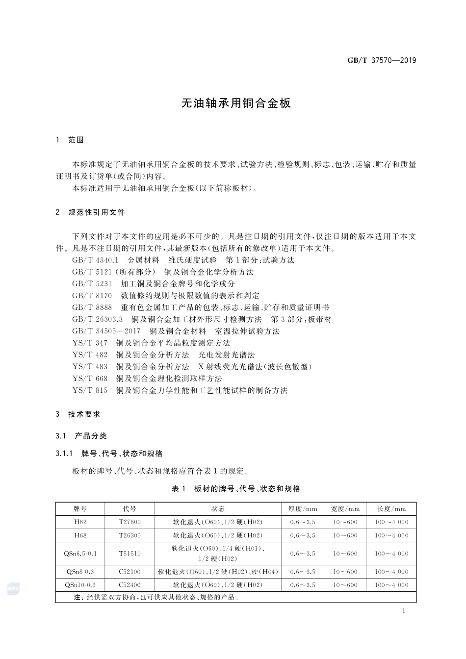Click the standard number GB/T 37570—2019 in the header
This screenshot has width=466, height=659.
coord(382,60)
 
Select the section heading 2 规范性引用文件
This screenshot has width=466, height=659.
coord(91,212)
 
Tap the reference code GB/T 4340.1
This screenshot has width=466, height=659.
coord(95,260)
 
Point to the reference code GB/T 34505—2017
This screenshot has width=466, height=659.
coord(106,331)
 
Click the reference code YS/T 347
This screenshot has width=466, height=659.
coord(90,343)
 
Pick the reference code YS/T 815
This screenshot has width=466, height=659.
coord(90,391)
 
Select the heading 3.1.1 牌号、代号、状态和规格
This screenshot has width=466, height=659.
coord(109,454)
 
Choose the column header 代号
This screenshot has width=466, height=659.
coord(129,509)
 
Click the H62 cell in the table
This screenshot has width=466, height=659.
coord(80,522)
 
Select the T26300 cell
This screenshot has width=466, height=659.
coord(129,535)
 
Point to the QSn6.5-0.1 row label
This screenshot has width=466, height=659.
coord(80,554)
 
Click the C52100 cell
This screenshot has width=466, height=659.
coord(129,572)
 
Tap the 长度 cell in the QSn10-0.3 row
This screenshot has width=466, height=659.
coord(391,585)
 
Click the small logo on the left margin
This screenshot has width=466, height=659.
coord(13,588)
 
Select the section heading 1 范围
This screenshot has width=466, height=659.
coord(70,140)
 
